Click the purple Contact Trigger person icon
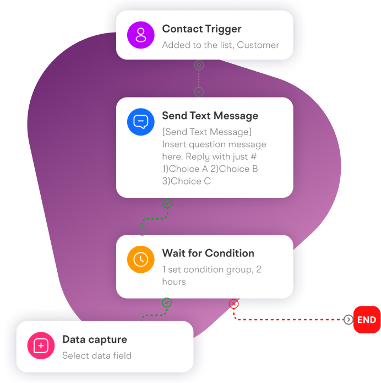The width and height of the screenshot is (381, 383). (141, 35)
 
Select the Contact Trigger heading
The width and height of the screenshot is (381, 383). (202, 29)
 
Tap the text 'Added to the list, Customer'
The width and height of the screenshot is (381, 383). (220, 45)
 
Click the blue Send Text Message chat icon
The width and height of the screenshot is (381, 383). (141, 122)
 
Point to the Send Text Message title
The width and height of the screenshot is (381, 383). (210, 116)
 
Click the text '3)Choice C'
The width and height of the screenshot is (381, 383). (186, 181)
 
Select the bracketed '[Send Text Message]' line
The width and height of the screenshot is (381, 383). (206, 132)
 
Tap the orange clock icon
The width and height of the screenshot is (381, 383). (141, 259)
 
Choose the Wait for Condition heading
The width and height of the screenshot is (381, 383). (208, 253)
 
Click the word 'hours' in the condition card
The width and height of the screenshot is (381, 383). (174, 282)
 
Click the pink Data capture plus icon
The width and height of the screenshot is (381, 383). (41, 346)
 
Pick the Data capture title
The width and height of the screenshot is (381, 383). (94, 339)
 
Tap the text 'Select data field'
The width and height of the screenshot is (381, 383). (96, 355)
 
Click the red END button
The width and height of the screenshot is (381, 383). (367, 320)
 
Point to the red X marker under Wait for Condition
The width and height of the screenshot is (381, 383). (233, 304)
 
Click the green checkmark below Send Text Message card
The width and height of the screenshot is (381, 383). (167, 203)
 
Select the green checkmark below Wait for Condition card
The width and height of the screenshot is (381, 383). (166, 303)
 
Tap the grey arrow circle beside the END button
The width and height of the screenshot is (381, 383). (348, 320)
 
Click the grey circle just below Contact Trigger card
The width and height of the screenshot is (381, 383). (199, 65)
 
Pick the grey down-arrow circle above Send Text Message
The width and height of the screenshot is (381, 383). (199, 91)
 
